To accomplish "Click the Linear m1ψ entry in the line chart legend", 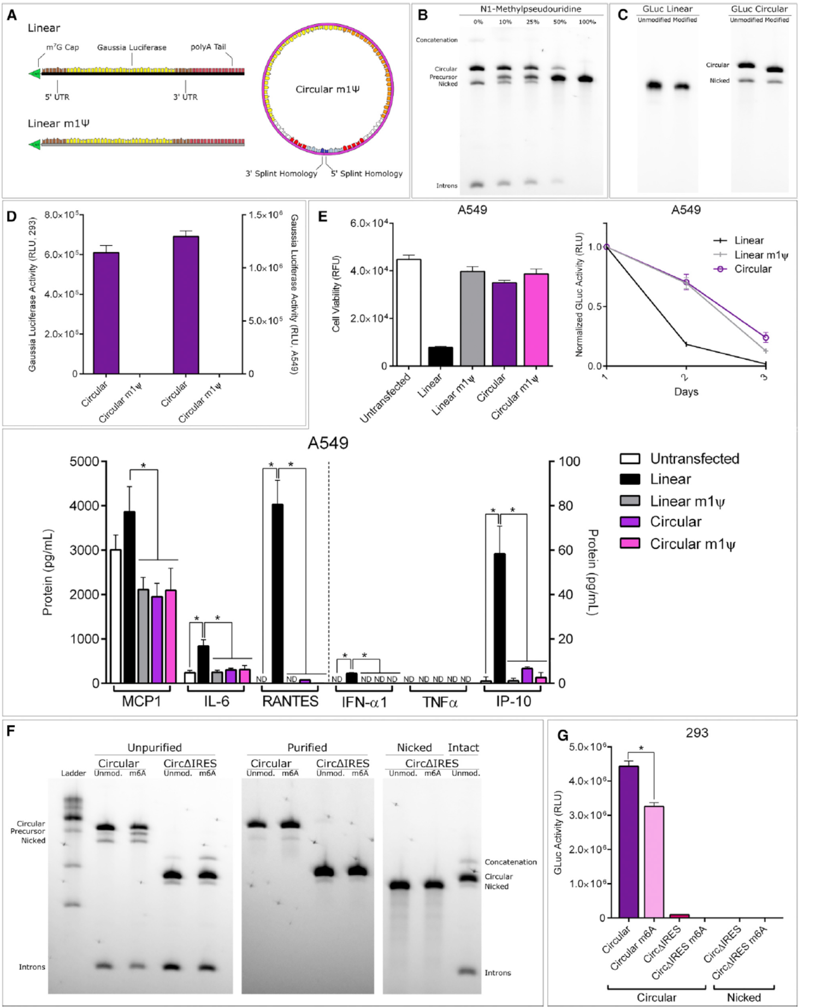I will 760,255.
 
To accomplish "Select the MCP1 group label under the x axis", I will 141,701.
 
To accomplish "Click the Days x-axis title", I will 686,392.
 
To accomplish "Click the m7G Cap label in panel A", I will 62,48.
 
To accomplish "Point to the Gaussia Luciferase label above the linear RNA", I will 132,48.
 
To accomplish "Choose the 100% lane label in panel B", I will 587,22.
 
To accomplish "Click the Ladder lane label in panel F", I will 73,773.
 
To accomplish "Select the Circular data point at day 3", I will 765,337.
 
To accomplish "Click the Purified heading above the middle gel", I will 307,748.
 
